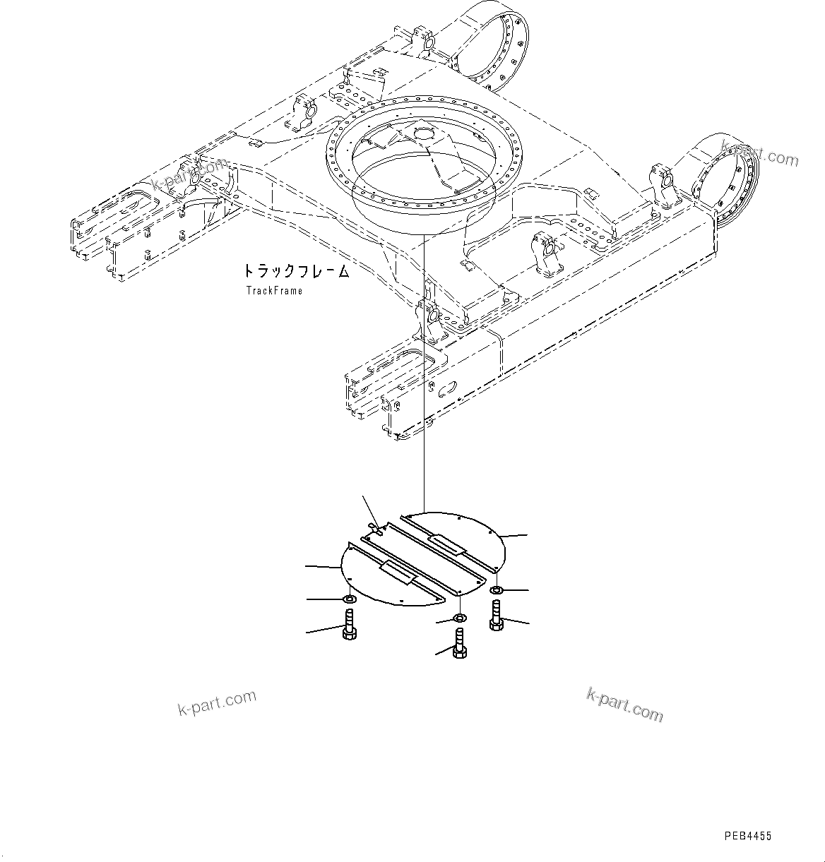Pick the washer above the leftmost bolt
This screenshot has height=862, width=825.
349,600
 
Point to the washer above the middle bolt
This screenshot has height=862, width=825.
458,619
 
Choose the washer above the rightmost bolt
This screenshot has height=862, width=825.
497,589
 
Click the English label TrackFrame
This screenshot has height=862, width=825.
274,290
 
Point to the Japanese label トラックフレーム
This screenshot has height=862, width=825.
296,271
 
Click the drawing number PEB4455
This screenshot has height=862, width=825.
748,836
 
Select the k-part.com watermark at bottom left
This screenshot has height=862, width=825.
217,702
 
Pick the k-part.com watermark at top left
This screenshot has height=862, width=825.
189,174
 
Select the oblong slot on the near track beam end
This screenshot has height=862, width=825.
446,388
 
